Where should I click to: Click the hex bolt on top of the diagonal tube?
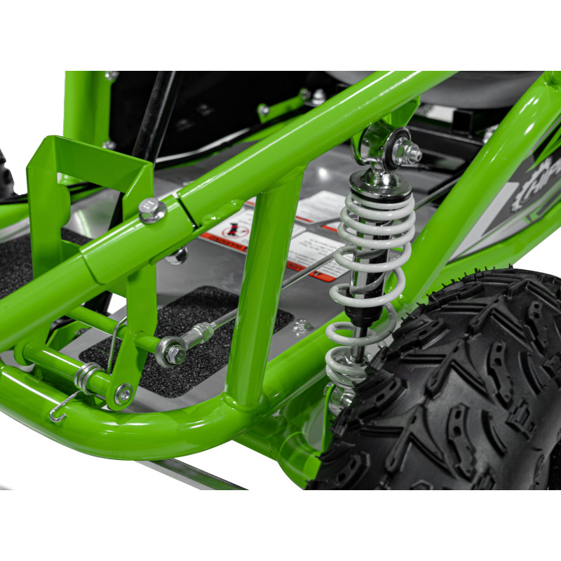(x=152, y=210)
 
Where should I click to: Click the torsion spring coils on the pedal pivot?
(x=86, y=379)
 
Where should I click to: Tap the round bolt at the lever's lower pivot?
(x=123, y=394)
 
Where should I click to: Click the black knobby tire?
(x=463, y=393)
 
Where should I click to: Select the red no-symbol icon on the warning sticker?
(x=232, y=232)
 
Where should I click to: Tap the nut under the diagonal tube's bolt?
(x=178, y=255)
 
